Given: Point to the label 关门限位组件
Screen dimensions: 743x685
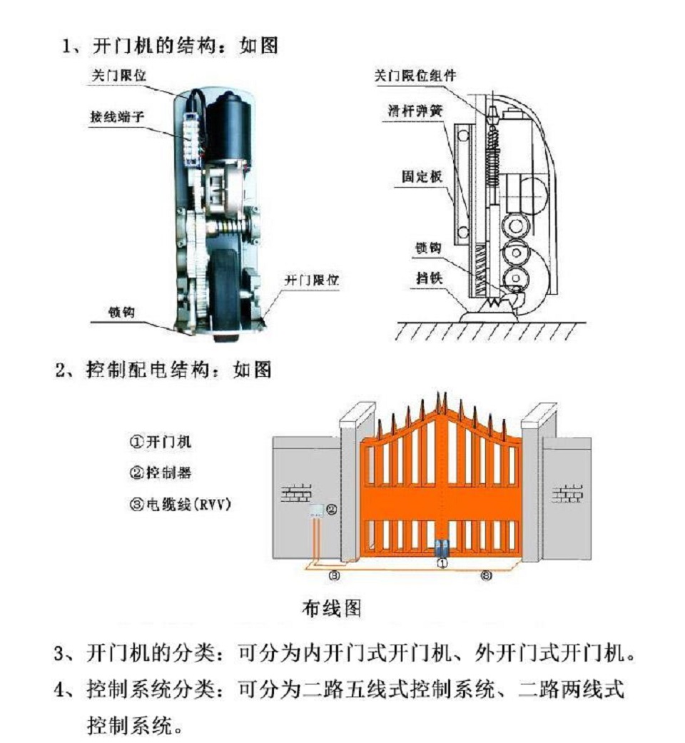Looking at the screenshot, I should tap(415, 75).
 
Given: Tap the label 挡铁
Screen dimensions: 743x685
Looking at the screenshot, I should tap(429, 278).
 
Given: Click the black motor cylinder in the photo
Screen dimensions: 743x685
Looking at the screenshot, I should tap(226, 128).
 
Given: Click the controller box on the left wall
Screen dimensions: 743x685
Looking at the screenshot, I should tap(315, 510).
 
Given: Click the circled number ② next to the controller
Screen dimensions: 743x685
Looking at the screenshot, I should tap(331, 509).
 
